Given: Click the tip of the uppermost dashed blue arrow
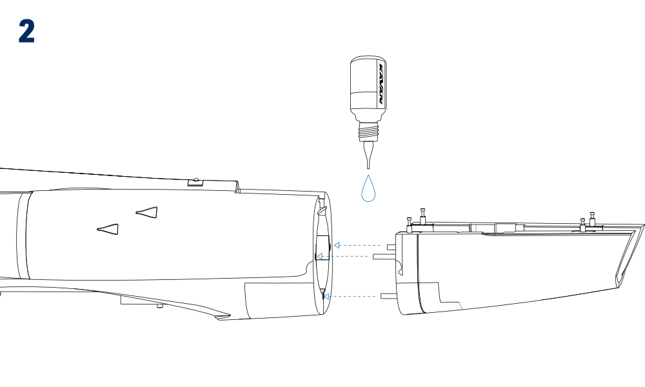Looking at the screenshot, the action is click(x=334, y=246).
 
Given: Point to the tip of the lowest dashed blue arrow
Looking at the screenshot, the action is click(x=323, y=296).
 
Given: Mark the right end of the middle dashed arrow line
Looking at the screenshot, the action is click(x=368, y=256).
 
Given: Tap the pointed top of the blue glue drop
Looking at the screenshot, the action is click(x=368, y=175).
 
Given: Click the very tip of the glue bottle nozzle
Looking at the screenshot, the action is click(x=368, y=168).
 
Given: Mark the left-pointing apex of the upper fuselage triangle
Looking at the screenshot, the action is click(x=136, y=213).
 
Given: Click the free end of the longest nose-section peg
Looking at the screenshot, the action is click(x=373, y=257).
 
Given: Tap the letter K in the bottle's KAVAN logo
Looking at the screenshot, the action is click(x=381, y=67).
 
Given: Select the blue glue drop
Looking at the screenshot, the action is click(x=368, y=189).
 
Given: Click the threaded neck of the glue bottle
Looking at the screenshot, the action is click(x=368, y=132).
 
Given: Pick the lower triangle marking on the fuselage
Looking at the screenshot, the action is click(x=108, y=229).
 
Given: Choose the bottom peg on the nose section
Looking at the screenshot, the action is click(x=389, y=296).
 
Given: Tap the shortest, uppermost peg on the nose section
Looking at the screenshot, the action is click(x=392, y=247).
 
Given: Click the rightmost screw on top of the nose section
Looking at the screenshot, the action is click(x=592, y=219).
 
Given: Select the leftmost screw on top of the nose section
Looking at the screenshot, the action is click(x=410, y=224).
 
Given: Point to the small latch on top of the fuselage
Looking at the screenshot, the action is click(x=196, y=182).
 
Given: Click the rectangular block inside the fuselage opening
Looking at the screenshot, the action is click(x=323, y=248).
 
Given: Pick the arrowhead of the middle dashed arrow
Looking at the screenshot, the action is click(x=319, y=256).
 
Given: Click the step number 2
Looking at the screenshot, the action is click(x=26, y=32).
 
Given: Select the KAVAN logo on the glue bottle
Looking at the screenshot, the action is click(x=381, y=83).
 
